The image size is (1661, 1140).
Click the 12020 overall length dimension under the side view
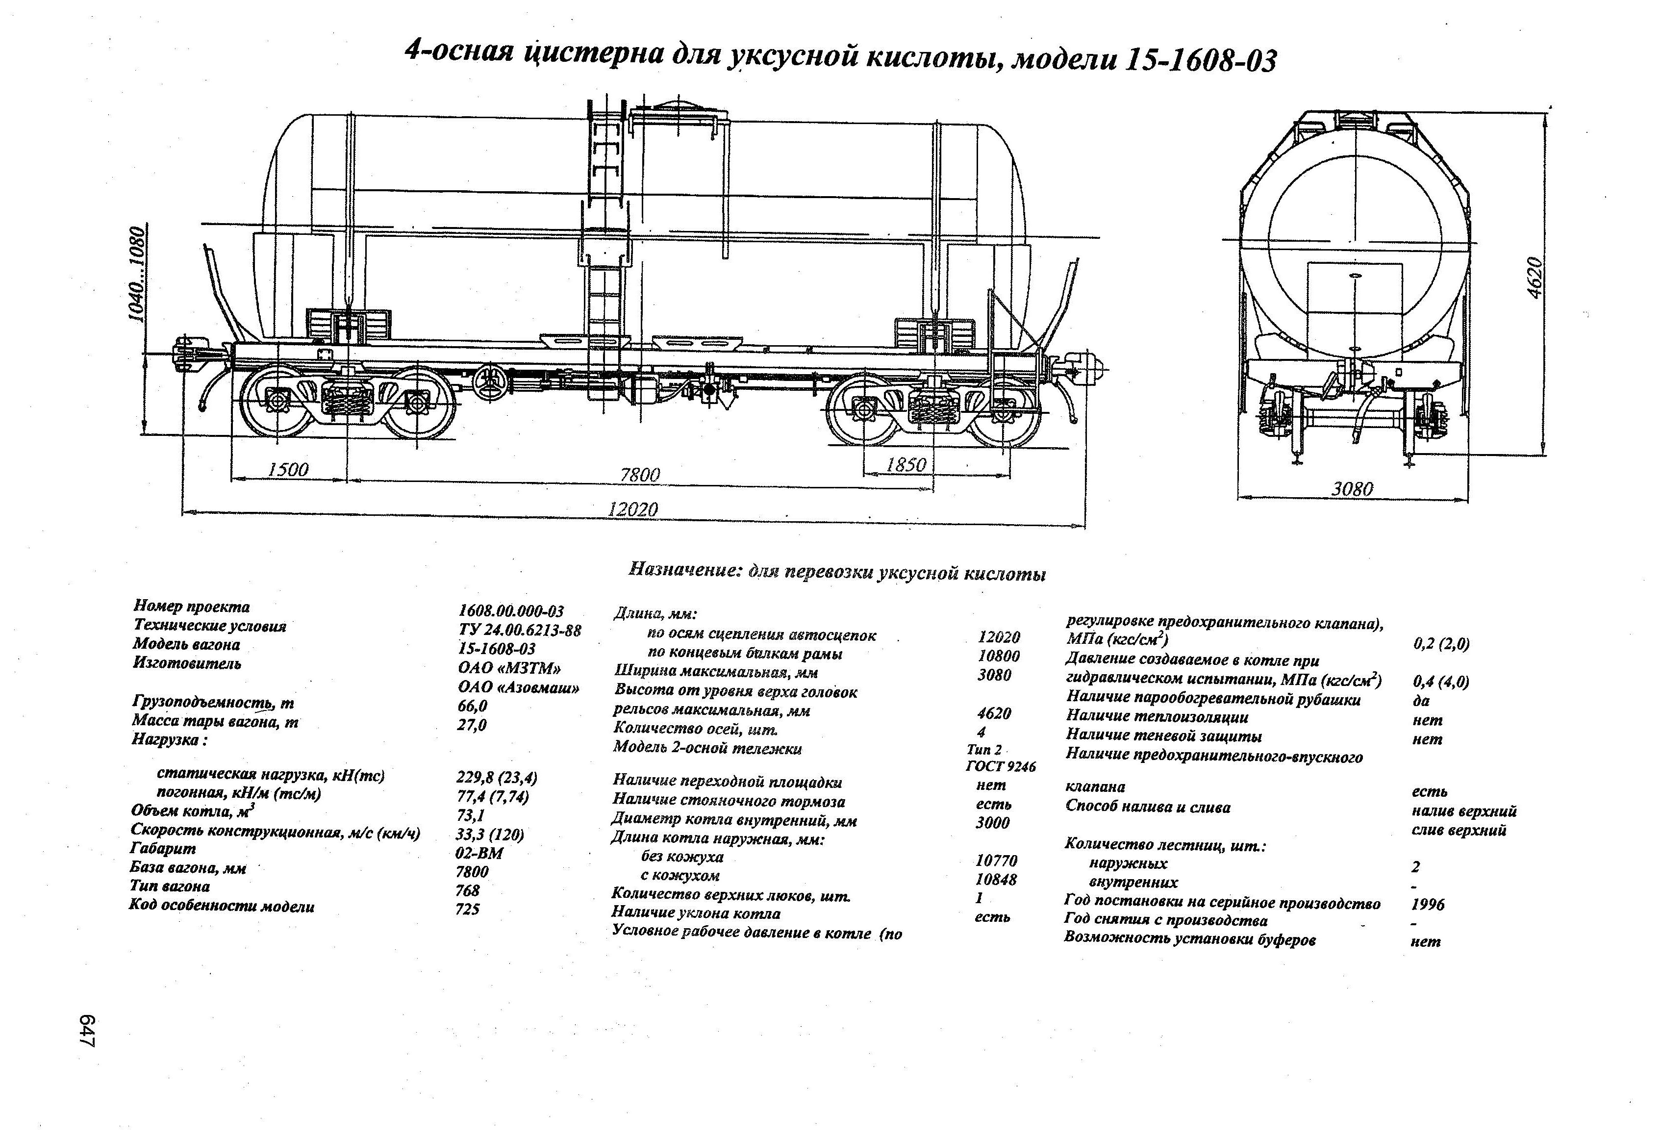coord(632,509)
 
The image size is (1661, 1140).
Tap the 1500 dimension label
coord(288,470)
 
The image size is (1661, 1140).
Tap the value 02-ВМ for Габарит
coord(479,853)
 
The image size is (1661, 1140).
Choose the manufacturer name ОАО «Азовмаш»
coord(518,687)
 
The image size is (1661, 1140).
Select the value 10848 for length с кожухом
coord(996,879)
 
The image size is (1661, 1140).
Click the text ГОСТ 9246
coord(1000,766)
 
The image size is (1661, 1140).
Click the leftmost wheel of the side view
coord(276,400)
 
